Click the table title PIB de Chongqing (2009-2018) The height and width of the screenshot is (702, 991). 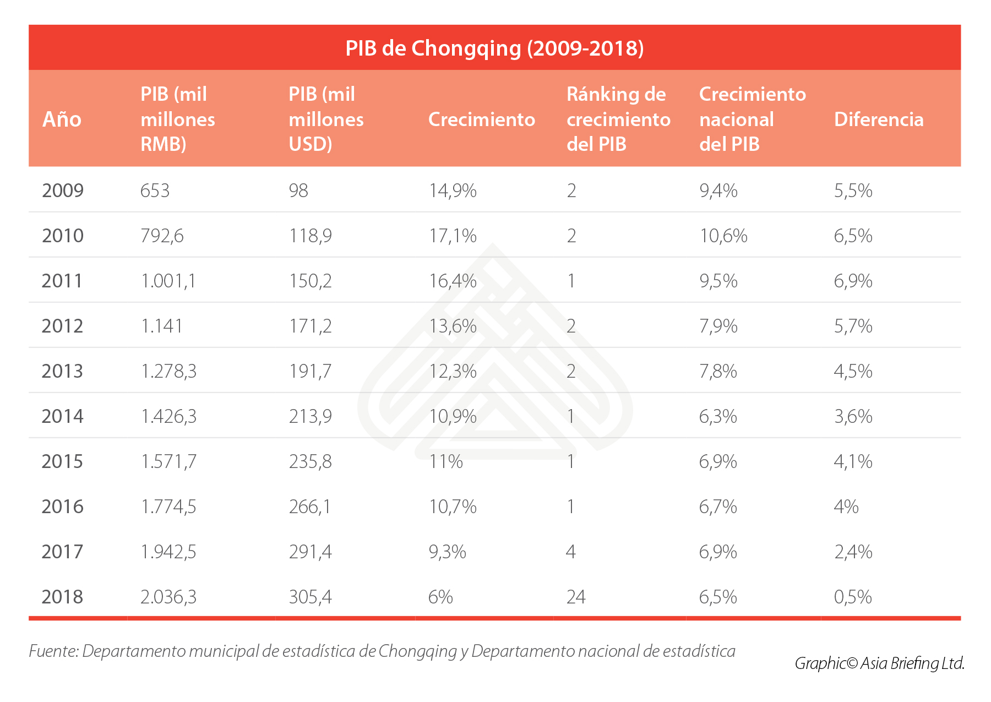tap(494, 48)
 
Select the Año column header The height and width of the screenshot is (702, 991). tap(62, 119)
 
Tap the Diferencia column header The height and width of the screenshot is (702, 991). tap(878, 119)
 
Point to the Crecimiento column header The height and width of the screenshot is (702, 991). tap(481, 119)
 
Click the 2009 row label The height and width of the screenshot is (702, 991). tap(63, 191)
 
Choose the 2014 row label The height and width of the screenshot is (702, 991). tap(63, 416)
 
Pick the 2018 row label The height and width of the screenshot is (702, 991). tap(63, 597)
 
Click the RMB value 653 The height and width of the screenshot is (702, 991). tap(155, 191)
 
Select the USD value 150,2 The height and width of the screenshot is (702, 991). tap(310, 281)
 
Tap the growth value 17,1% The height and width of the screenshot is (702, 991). tap(453, 236)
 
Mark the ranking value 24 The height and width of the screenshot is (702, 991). tap(576, 597)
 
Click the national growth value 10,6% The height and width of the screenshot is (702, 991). tap(723, 236)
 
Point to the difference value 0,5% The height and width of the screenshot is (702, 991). tap(853, 597)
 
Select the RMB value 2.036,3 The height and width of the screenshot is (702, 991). tap(168, 597)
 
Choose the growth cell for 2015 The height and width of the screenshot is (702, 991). tap(446, 461)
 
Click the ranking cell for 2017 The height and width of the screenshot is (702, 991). tap(571, 552)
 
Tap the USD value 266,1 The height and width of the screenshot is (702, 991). tap(310, 507)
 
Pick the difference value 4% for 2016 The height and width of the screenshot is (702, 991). tap(846, 507)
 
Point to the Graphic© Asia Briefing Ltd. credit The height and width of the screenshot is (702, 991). tap(879, 663)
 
